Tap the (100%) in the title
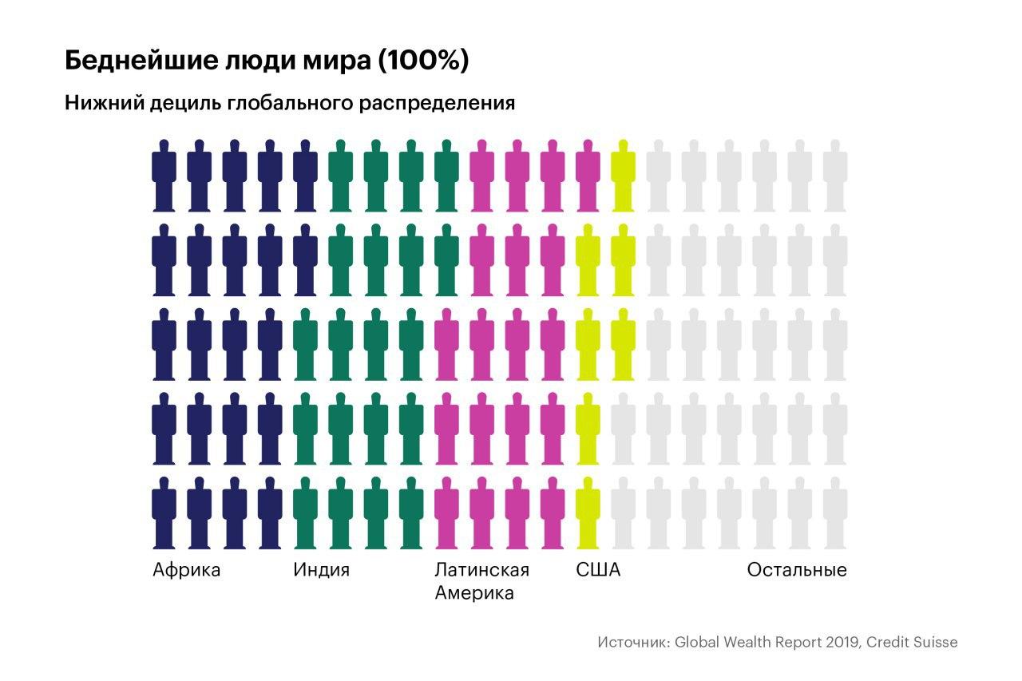point(423,61)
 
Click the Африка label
point(186,570)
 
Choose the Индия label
point(321,570)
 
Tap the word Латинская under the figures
point(481,570)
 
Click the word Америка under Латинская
point(473,594)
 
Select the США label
point(598,570)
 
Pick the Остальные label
point(797,570)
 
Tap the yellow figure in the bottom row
point(588,513)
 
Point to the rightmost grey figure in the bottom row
point(835,513)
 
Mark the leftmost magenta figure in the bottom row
point(446,513)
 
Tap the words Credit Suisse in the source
point(912,642)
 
